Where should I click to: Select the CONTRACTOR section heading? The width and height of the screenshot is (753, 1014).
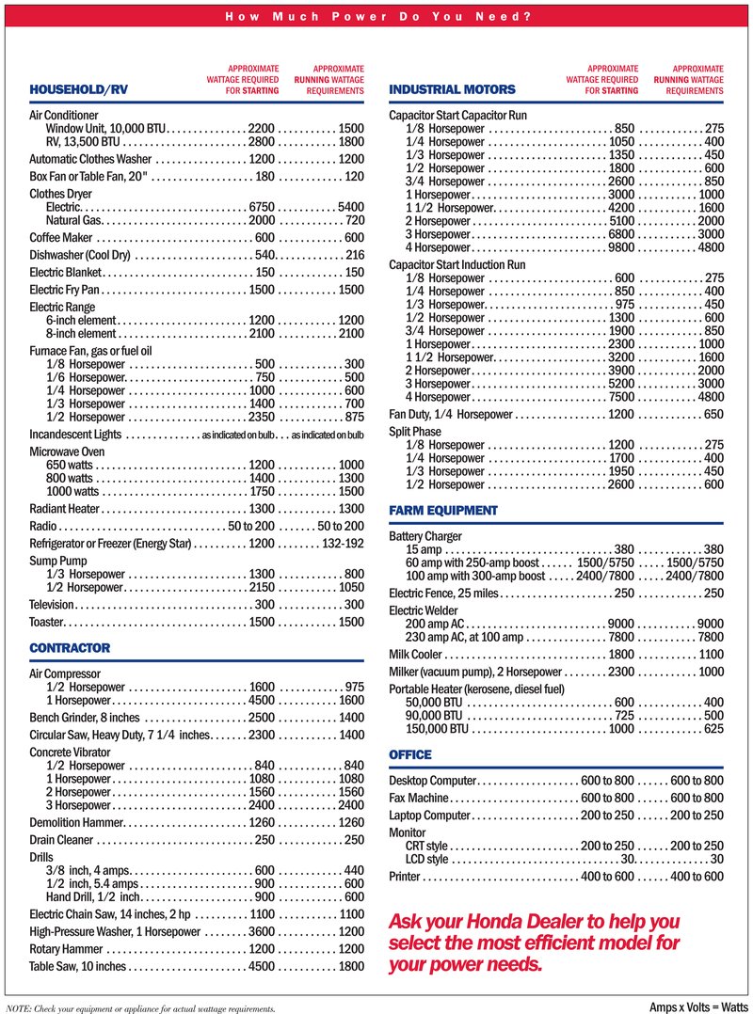click(x=70, y=648)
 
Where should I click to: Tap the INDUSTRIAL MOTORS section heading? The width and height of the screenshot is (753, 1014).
click(x=452, y=89)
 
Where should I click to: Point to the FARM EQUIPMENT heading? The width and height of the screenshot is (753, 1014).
click(x=443, y=511)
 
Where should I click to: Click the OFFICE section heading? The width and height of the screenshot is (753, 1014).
click(x=410, y=755)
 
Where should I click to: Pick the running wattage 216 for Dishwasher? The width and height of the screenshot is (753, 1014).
click(x=355, y=255)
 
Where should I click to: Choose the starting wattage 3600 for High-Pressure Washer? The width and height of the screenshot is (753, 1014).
click(x=261, y=932)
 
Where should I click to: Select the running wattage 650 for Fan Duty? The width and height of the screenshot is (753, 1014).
click(x=713, y=414)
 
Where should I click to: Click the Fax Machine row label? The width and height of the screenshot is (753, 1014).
click(x=422, y=799)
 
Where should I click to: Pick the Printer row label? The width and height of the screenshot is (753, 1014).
click(x=405, y=877)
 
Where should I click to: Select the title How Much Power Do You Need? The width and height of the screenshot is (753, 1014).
click(x=376, y=17)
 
